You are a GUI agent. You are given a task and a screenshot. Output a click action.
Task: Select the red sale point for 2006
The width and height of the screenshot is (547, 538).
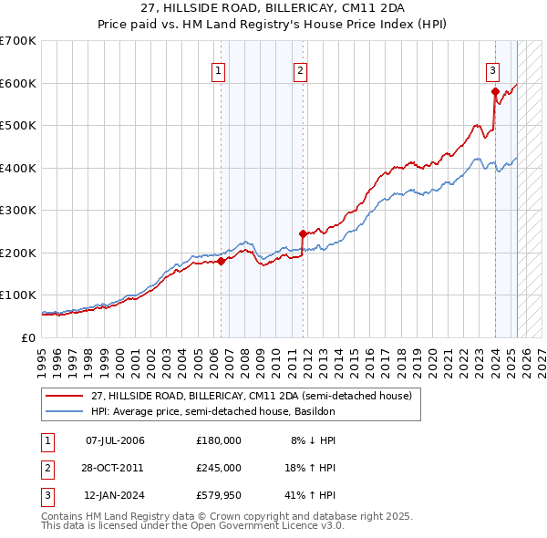(x=221, y=261)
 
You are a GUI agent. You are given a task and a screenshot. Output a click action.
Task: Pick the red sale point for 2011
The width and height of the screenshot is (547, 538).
(x=302, y=233)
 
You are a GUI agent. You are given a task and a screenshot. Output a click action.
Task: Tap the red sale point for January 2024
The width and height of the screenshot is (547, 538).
(x=495, y=91)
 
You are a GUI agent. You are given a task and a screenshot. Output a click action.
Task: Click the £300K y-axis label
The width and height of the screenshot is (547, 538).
(x=18, y=211)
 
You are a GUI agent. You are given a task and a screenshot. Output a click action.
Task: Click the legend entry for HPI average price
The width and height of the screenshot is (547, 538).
(x=215, y=411)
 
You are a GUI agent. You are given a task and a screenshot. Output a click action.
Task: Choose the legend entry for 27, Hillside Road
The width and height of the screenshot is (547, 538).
(x=252, y=396)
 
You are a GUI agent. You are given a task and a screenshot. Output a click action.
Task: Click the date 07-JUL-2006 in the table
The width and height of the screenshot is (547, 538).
(x=115, y=440)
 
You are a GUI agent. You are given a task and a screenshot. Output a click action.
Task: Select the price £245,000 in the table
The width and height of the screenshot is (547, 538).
(x=219, y=468)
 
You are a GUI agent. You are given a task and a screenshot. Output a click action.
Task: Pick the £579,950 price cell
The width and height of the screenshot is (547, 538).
(x=219, y=495)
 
